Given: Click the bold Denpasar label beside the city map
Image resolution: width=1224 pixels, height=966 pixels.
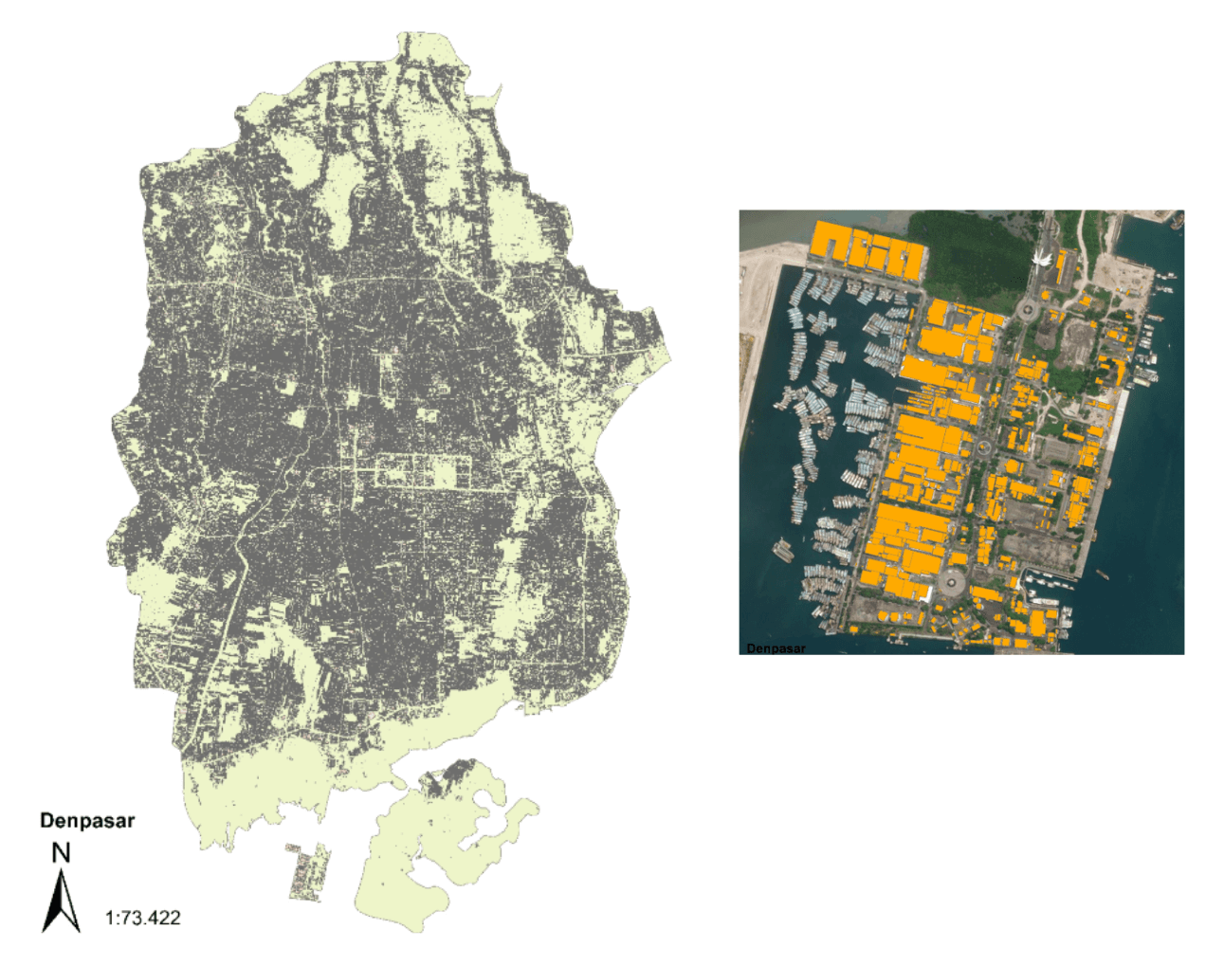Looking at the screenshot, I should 87,821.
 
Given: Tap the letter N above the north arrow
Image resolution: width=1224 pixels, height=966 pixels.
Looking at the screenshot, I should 61,853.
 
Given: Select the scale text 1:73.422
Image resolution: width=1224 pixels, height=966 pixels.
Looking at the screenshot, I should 143,918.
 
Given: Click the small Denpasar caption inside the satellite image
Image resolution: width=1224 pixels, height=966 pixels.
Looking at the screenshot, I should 776,648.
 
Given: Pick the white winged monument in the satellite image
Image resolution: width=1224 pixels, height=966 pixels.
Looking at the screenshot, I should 1040,256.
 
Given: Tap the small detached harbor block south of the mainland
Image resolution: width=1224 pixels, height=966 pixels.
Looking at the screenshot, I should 310,870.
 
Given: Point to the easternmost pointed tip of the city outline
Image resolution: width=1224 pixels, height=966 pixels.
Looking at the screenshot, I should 668,360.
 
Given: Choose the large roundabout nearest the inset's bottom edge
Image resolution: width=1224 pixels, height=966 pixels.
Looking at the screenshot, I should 951,582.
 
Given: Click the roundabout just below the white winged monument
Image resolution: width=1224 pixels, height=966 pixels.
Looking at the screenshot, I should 1026,309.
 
